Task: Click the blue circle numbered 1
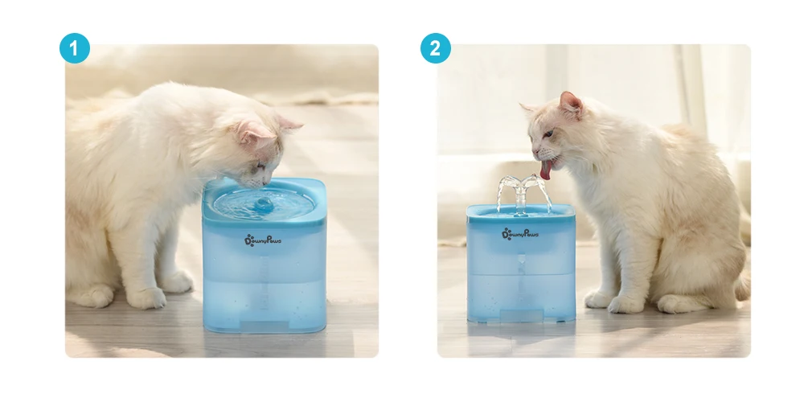74,48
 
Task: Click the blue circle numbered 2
435,48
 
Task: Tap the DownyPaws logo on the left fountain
263,240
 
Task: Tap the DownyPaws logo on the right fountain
520,234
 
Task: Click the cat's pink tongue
547,170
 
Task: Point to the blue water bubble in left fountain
264,205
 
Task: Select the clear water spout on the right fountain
522,194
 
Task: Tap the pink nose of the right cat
535,152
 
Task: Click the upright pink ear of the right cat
570,105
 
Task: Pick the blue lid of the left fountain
264,203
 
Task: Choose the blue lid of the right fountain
521,211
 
